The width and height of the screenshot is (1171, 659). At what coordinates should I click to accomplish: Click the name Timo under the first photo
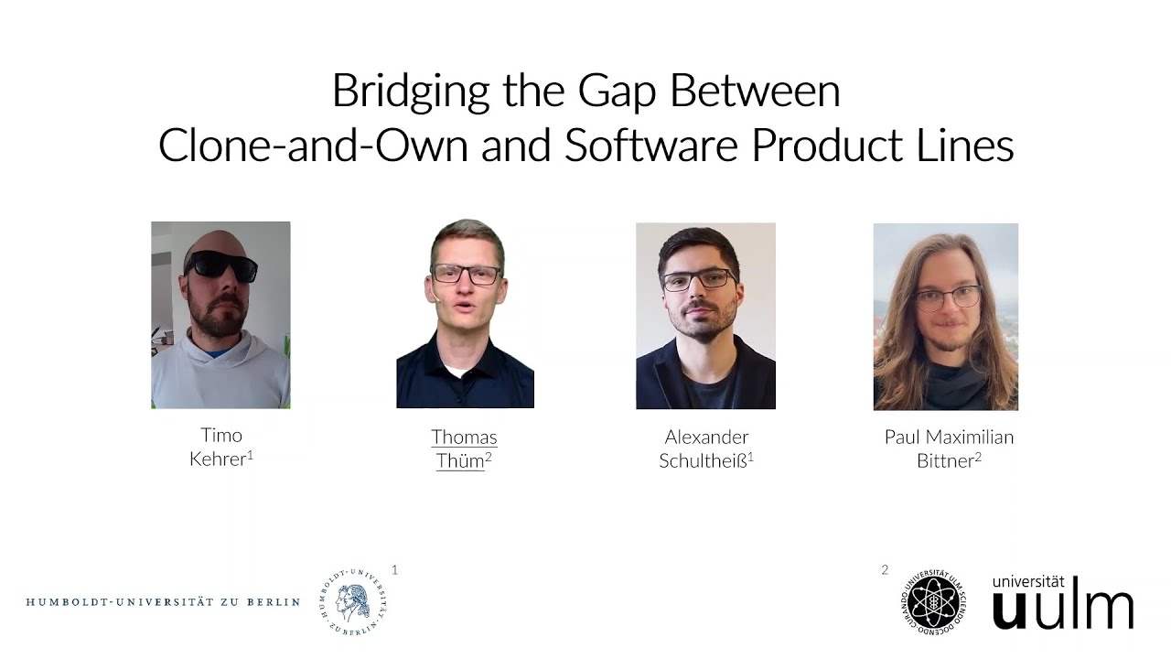click(221, 435)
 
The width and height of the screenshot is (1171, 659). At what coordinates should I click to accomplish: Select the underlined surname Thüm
click(460, 461)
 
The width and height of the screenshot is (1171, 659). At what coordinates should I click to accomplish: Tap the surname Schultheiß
click(703, 461)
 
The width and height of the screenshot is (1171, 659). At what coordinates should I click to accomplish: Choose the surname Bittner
click(945, 461)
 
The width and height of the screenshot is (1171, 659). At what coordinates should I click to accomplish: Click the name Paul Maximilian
click(949, 438)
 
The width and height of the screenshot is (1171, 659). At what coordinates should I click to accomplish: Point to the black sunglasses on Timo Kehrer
click(220, 266)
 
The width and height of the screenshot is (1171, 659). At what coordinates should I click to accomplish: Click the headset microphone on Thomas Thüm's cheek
click(437, 297)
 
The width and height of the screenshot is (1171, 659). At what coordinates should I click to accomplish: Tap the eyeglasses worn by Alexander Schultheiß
click(699, 281)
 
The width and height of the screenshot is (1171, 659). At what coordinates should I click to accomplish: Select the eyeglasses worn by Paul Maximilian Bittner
click(949, 297)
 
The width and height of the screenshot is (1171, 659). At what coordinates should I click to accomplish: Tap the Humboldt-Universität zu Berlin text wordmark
click(163, 602)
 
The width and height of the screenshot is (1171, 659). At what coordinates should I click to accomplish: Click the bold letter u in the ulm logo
click(1010, 609)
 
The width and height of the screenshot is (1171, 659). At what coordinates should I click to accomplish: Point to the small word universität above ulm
click(1028, 581)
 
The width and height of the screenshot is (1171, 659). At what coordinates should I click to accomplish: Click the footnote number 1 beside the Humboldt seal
click(395, 569)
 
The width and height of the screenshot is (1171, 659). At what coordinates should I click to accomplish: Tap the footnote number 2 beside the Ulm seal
click(885, 570)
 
